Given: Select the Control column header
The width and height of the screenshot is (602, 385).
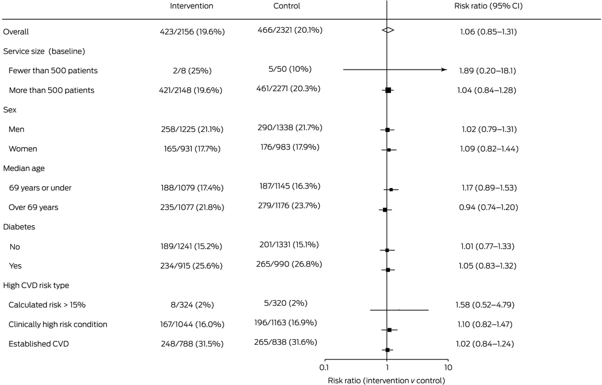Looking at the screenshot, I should [286, 6].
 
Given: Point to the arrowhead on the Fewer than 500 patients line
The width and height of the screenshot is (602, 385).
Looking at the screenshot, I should [445, 70].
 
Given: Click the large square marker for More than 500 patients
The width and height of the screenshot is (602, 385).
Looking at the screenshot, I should [388, 90].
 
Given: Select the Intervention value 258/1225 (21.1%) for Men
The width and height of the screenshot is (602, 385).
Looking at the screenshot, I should [192, 130].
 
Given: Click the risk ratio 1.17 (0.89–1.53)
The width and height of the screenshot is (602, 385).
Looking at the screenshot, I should [488, 188].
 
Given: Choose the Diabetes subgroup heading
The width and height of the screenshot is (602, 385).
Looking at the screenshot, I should [18, 227].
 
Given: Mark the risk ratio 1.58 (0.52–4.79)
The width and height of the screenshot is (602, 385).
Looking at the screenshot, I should [488, 305].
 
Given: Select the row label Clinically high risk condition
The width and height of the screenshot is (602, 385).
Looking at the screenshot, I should [58, 324].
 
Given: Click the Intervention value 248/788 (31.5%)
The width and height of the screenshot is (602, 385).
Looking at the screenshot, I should [192, 344].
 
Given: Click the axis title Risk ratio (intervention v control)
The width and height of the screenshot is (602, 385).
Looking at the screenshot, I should [386, 380].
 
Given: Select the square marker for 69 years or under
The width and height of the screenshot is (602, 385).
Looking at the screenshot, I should [391, 190].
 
